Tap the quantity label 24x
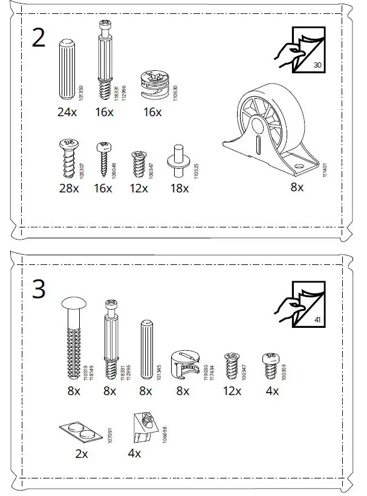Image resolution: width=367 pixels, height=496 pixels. [68, 112]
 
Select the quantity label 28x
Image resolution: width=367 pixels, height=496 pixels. [68, 189]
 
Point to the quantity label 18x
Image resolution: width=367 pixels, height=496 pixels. [179, 189]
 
